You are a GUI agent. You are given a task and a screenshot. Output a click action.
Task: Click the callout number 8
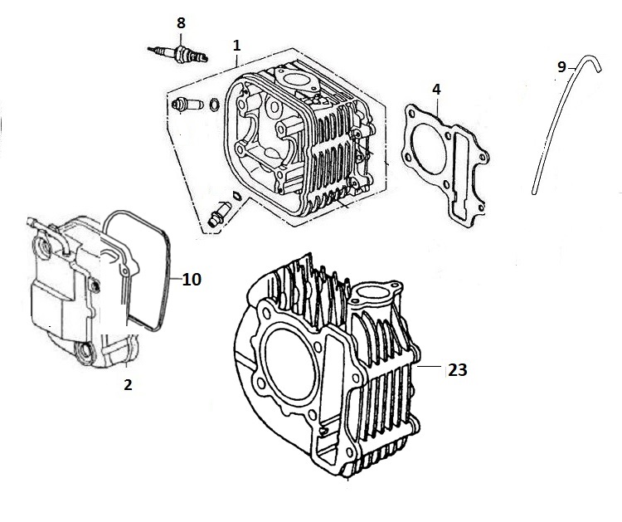click(x=181, y=23)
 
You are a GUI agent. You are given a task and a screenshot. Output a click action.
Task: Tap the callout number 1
click(x=237, y=46)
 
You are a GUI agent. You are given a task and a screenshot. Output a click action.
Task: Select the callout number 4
click(x=436, y=90)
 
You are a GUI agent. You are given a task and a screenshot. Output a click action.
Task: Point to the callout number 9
click(x=561, y=67)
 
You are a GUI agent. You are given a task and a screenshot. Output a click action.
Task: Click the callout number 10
click(x=192, y=280)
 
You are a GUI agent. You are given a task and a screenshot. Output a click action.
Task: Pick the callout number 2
click(x=128, y=384)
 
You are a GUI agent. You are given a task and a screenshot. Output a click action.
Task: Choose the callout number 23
click(x=457, y=370)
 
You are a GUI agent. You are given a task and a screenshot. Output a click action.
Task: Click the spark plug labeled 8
click(x=177, y=54)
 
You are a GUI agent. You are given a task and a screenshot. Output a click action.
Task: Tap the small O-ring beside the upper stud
click(x=214, y=105)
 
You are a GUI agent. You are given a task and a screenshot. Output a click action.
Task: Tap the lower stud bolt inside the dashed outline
click(x=220, y=213)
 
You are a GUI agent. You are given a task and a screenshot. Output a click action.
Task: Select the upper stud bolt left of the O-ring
click(x=187, y=105)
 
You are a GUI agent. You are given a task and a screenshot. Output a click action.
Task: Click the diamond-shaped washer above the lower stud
click(x=236, y=195)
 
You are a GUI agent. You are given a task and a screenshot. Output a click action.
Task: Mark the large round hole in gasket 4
click(x=429, y=149)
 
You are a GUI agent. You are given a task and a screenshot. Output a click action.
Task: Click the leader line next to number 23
click(x=429, y=366)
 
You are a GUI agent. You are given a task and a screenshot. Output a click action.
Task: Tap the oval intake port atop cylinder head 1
click(x=293, y=79)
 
